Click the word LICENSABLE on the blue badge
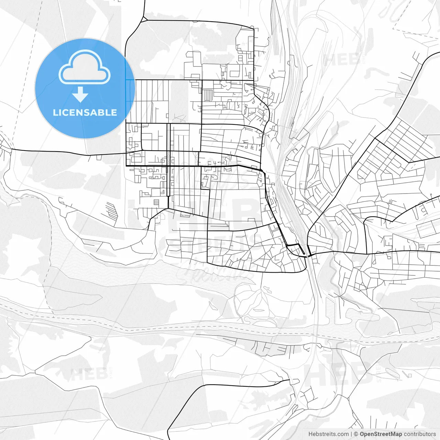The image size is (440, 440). pyautogui.click(x=85, y=112)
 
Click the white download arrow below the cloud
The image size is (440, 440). pyautogui.click(x=80, y=94)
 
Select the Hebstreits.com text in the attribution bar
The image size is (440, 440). pyautogui.click(x=328, y=434)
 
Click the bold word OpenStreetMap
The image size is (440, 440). pyautogui.click(x=381, y=434)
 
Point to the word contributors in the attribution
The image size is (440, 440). pyautogui.click(x=420, y=434)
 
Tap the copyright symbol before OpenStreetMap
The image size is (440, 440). pyautogui.click(x=356, y=434)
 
